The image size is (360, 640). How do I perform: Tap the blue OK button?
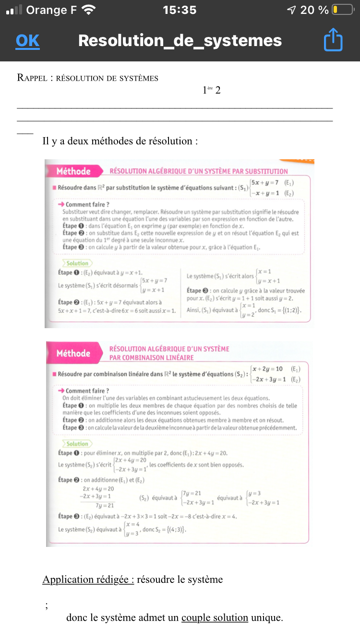27,41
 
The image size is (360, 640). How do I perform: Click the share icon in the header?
333,40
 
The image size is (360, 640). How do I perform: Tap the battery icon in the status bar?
342,10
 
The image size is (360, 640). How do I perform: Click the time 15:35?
180,10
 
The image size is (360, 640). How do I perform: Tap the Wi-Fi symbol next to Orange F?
89,10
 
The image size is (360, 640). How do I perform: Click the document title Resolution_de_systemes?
180,41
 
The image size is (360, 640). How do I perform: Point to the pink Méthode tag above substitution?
73,171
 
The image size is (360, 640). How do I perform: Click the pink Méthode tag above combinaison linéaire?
73,353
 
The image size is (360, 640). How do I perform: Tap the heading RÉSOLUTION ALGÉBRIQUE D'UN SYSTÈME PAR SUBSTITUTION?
199,171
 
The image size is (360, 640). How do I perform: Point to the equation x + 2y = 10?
267,368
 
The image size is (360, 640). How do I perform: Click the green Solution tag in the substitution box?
77,263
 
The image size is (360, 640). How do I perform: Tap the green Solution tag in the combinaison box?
77,444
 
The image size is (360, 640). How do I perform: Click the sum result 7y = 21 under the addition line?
105,505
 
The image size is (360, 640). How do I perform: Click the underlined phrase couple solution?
215,617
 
